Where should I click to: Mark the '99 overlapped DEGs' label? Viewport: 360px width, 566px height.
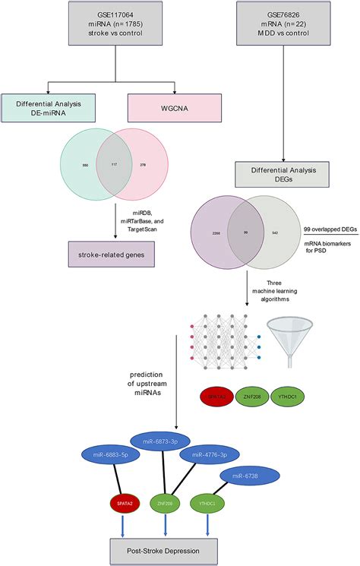[328, 228]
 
